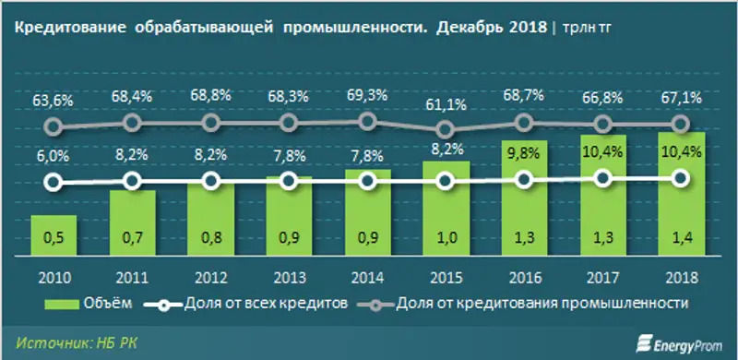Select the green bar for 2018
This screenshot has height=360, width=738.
point(680,194)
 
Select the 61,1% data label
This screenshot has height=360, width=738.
point(445,104)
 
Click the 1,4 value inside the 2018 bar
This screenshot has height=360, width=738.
point(680,240)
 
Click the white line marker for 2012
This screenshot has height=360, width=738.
point(209,182)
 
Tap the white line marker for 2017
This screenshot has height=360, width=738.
point(601,179)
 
